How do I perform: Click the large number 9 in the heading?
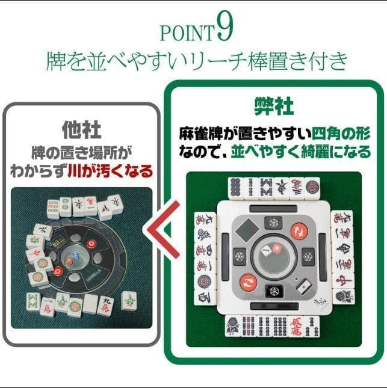226,30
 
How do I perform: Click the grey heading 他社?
81,129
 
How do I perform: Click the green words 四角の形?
341,132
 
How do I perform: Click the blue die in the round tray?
69,262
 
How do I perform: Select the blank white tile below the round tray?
90,303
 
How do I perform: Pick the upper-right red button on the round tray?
91,244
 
